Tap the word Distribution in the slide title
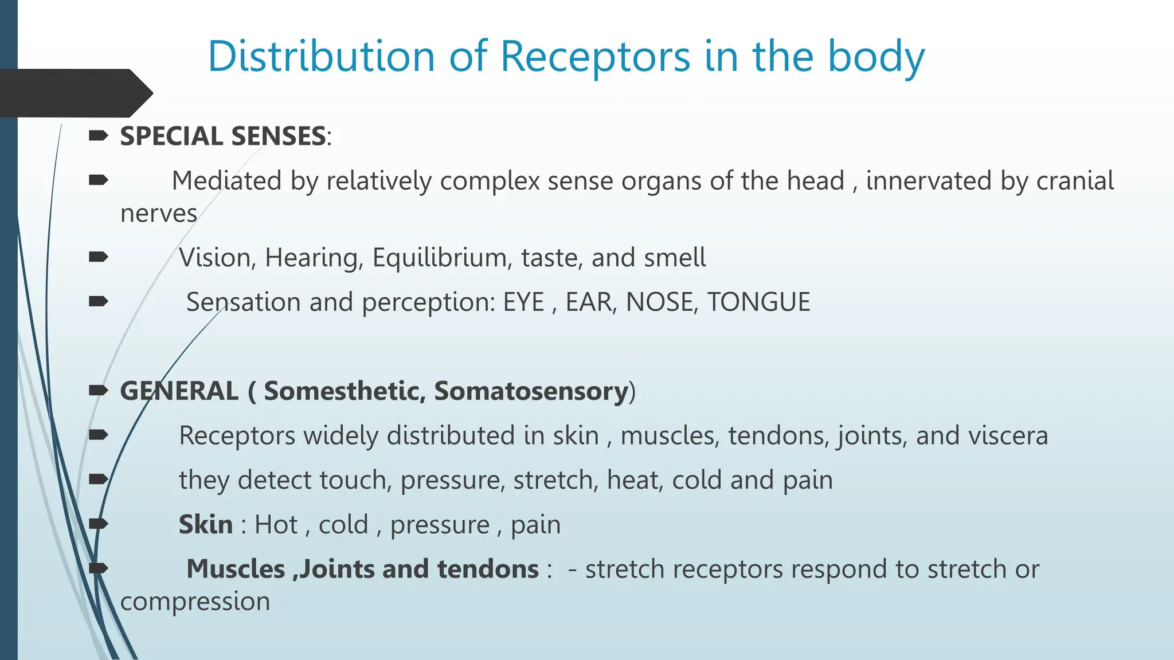coord(321,57)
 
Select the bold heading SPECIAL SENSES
coord(223,136)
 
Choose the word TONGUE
coord(758,302)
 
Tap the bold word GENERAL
coord(179,391)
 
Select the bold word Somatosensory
coord(531,391)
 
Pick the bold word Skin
coord(206,525)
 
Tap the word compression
coord(195,602)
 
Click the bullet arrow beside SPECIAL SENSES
coord(99,136)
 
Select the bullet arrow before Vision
coord(99,257)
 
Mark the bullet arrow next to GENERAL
coord(99,391)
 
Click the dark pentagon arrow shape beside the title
coord(75,93)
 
